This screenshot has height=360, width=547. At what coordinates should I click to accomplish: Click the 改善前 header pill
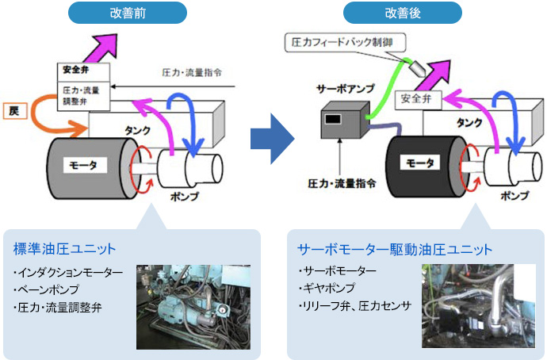[x=127, y=12]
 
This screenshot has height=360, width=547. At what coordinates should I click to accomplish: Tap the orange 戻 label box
[x=14, y=112]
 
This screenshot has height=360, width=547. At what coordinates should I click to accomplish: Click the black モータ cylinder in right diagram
[x=421, y=163]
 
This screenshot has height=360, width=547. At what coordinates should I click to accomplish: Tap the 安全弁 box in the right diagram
[x=416, y=100]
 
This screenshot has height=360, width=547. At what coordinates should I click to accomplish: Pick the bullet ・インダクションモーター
[x=68, y=273]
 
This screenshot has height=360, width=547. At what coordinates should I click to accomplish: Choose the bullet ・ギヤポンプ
[x=327, y=289]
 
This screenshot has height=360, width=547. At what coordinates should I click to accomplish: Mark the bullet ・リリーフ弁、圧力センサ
[x=354, y=305]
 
